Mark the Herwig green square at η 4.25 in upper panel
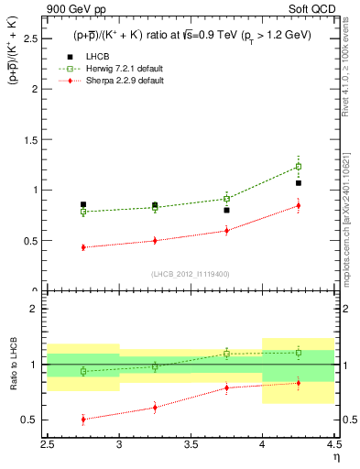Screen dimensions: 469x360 [298, 167]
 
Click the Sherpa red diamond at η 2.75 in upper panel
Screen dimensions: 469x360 [83, 247]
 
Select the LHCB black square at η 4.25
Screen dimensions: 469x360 [298, 183]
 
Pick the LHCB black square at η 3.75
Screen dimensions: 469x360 [226, 210]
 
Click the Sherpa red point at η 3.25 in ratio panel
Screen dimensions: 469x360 [155, 408]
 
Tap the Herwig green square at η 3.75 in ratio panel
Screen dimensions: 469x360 [226, 354]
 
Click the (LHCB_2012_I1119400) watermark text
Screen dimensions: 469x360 [190, 274]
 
